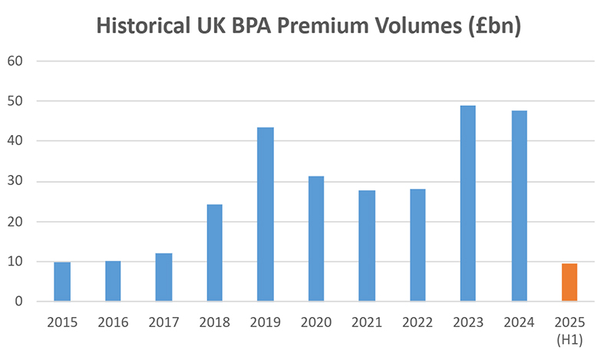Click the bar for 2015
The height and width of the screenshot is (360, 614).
click(x=62, y=282)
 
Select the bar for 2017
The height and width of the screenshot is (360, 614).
click(x=163, y=277)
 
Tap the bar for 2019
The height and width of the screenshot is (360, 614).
click(x=265, y=214)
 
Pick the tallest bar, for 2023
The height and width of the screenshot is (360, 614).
click(x=467, y=203)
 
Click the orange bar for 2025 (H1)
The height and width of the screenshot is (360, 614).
click(x=569, y=282)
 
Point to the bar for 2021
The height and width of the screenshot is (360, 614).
click(x=366, y=246)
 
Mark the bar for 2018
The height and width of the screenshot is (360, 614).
click(x=214, y=253)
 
